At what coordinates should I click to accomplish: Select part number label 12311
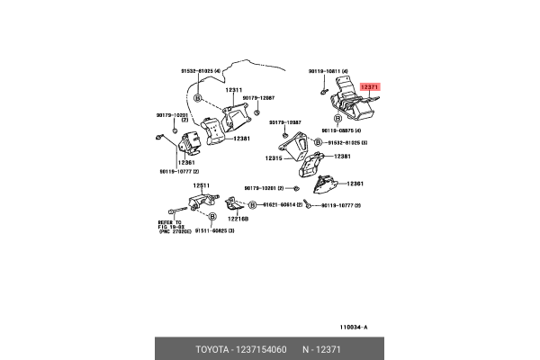[x=234, y=90]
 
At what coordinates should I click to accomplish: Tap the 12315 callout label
[x=274, y=158]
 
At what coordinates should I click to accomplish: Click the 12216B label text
[x=238, y=219]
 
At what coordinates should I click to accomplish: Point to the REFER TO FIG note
[x=166, y=226]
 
